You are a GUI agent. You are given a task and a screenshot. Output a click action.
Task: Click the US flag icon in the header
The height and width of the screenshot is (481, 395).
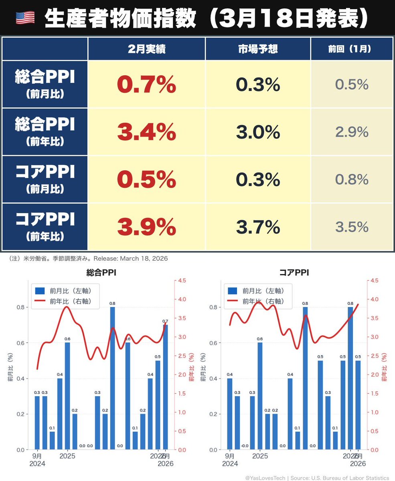coord(25,17)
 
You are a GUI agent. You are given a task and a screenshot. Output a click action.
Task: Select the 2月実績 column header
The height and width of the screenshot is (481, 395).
coord(146,49)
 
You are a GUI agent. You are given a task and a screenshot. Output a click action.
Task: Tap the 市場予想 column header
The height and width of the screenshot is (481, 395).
coord(258,49)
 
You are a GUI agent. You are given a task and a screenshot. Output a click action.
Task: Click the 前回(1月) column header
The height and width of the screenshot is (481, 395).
coord(351,49)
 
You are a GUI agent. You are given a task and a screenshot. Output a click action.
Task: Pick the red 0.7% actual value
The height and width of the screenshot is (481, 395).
coord(146,85)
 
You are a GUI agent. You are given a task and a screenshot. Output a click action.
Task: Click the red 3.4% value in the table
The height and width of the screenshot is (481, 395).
coord(146,132)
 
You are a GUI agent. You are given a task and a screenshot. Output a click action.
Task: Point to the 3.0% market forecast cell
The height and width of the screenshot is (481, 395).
coord(258,132)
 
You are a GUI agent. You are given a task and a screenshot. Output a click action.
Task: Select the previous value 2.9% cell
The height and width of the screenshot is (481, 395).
coord(351,132)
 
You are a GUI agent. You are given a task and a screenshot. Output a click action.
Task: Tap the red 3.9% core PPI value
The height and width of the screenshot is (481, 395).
coord(146,227)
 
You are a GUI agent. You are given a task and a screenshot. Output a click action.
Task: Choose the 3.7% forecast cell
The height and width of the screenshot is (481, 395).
coord(258,227)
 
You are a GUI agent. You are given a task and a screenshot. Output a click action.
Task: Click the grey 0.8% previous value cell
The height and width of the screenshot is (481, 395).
coord(351,180)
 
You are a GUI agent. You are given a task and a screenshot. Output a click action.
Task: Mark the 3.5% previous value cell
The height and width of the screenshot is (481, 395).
coord(351,227)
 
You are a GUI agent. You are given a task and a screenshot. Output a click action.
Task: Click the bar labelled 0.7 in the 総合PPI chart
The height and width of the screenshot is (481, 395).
coord(165,387)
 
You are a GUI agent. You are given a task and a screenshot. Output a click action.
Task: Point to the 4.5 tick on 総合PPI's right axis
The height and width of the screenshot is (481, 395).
coord(182,281)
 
